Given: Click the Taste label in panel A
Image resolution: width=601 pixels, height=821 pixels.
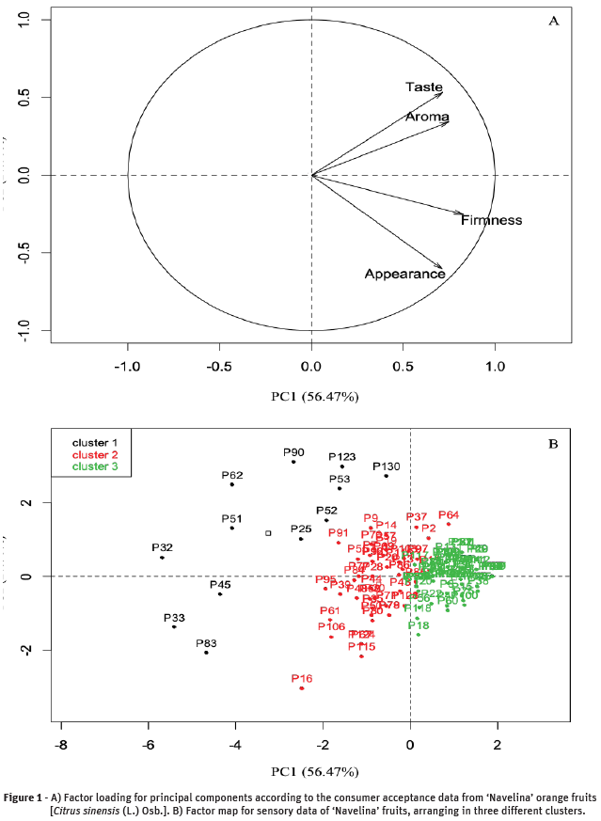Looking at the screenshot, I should (x=423, y=87).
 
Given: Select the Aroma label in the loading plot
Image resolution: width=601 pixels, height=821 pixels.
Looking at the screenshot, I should (x=426, y=117).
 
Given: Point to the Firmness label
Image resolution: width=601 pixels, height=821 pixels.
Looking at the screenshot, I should (x=491, y=220).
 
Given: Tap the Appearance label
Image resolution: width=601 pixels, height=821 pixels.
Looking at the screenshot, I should (x=404, y=274).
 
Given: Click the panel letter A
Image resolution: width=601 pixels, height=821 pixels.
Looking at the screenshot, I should (x=553, y=21).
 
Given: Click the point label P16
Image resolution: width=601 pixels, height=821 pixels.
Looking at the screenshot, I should (x=302, y=678).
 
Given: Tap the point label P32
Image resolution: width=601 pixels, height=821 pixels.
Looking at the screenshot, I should (x=162, y=547).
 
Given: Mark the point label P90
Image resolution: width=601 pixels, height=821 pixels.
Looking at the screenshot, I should (x=294, y=452).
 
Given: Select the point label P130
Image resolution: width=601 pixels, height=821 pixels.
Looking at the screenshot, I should (x=387, y=466).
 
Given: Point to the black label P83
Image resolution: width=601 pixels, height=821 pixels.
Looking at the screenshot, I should (x=206, y=643).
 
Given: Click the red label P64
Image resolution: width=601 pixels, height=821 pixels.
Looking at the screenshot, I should (x=449, y=514).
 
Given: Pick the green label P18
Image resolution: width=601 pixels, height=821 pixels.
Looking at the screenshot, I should (x=419, y=625).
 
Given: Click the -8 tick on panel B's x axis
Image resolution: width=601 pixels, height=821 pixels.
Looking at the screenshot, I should (x=61, y=745).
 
